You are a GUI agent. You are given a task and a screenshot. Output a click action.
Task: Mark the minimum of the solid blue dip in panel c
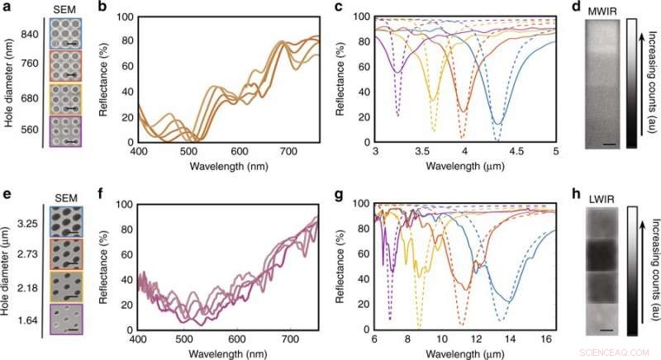pos(497,124)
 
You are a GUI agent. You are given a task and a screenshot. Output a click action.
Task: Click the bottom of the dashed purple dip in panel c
pos(398,116)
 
